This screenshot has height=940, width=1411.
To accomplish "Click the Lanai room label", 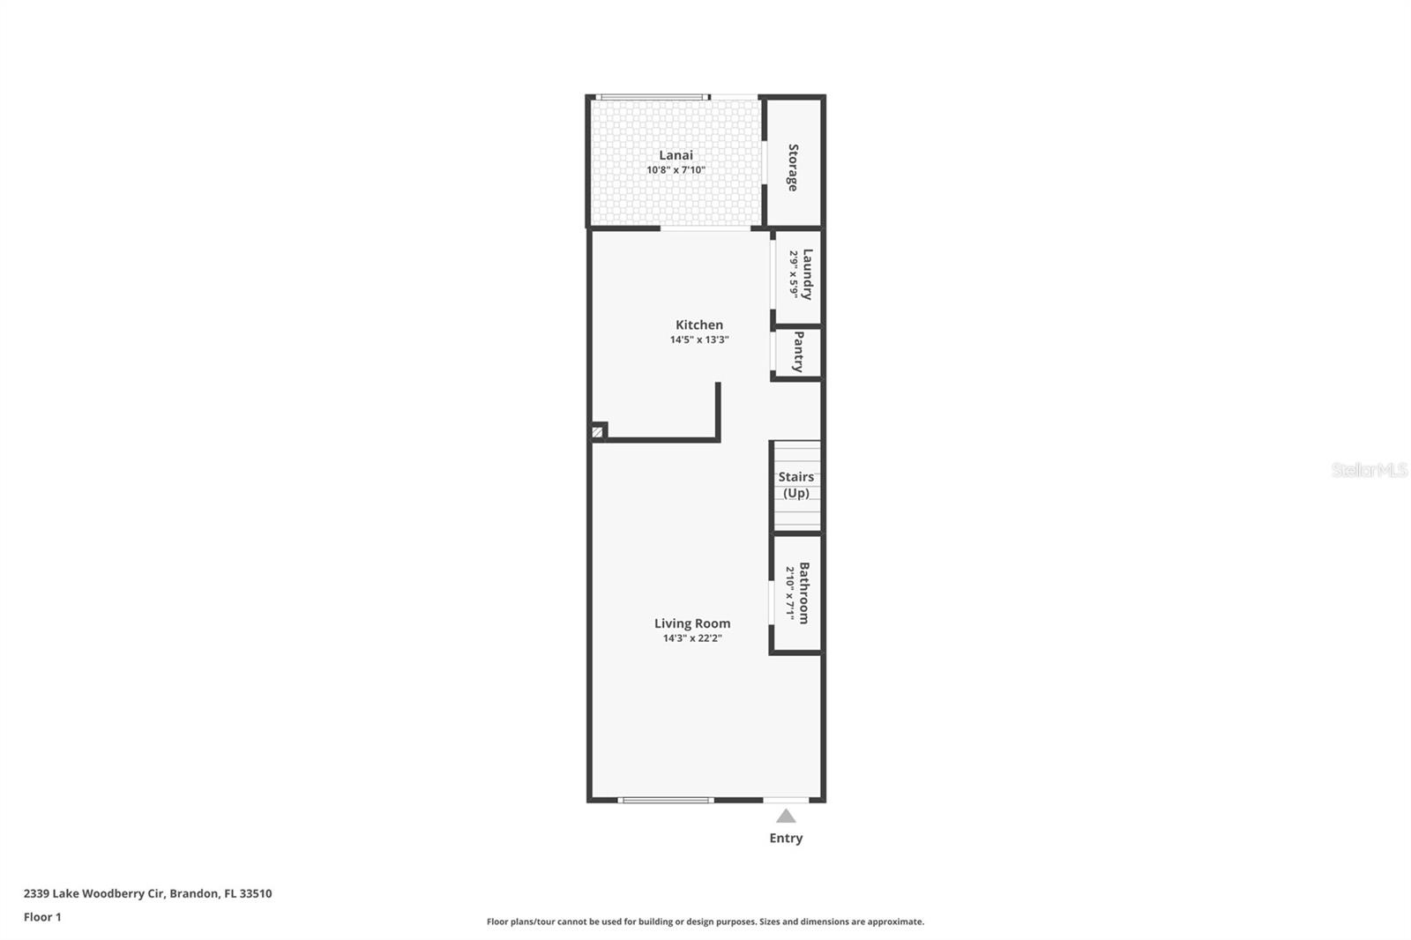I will pos(676,155).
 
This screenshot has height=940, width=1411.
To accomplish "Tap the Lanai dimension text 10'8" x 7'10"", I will pos(676,170).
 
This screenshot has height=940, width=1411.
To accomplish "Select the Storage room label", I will pos(793,168).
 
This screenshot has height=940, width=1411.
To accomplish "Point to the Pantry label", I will pos(798,352).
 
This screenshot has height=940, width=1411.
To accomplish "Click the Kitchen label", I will pos(699,325).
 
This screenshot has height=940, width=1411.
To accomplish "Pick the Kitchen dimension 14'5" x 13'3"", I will pos(699,339).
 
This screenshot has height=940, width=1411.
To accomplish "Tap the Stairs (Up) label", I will pos(795,485).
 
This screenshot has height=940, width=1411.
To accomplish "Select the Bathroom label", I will pos(803,593).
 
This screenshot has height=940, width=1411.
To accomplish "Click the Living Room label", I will pos(692,623).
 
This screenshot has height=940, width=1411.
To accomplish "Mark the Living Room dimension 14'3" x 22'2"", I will pos(692,638).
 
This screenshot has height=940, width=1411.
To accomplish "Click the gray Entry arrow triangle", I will pos(786,817).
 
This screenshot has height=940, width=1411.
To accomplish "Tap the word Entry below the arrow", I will pos(786,839).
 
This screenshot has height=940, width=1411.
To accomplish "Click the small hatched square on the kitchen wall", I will pos(597,432).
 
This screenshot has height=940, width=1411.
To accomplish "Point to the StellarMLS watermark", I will pos(1369,470).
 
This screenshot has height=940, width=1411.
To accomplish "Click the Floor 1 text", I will pos(42,917).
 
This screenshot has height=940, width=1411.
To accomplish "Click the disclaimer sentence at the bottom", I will pos(705,921).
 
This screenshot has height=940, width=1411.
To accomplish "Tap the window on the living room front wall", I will pos(666,801).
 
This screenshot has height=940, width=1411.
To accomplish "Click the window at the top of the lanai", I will pos(653,97).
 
